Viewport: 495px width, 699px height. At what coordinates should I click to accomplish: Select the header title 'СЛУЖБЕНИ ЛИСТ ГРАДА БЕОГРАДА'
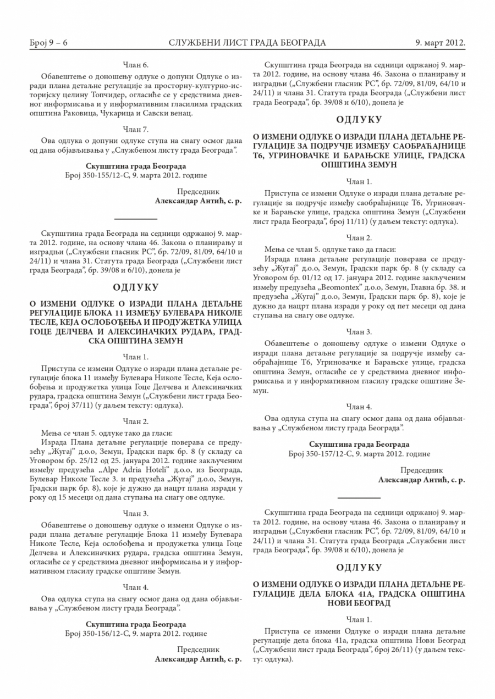(x=247, y=42)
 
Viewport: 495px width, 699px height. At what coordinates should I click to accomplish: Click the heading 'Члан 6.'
(x=136, y=65)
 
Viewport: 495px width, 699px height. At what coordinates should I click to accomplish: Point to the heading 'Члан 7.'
(x=136, y=130)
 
